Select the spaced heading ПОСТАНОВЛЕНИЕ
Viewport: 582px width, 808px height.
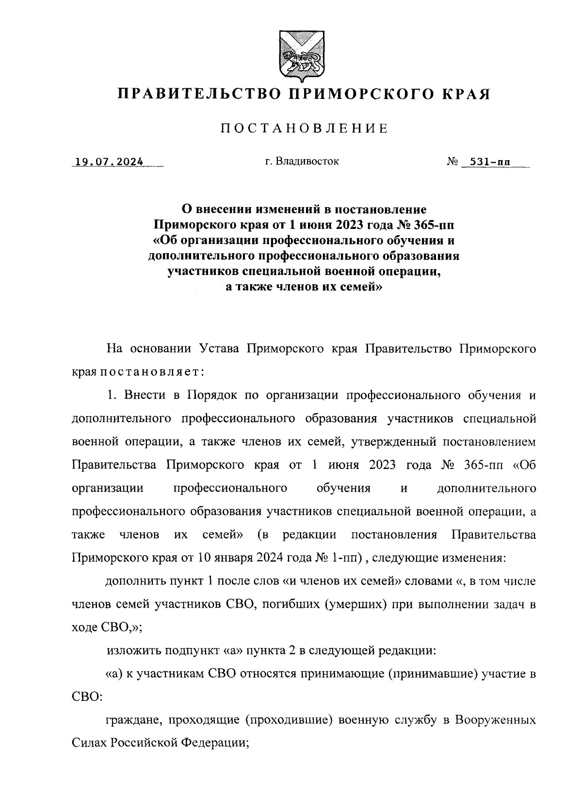click(x=304, y=129)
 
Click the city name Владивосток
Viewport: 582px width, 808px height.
click(x=307, y=162)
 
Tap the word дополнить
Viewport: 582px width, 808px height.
click(x=137, y=582)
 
